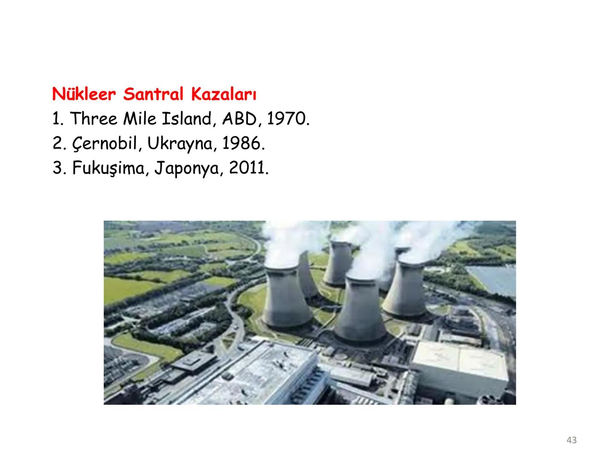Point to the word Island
(x=187, y=119)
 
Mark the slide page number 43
(x=571, y=440)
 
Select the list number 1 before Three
(x=57, y=119)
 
